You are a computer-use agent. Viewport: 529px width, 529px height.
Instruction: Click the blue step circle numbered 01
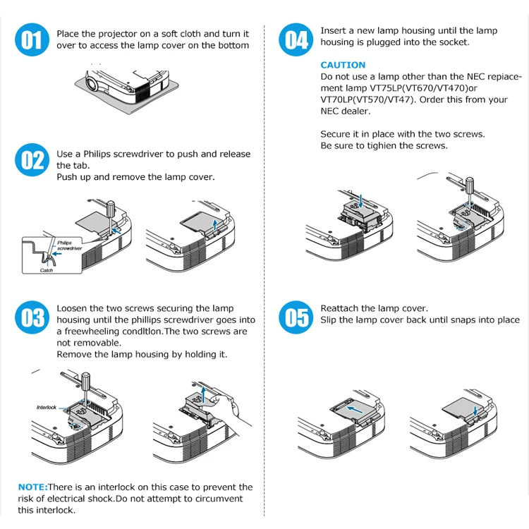click(31, 39)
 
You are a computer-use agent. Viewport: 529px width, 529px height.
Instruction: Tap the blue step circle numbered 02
click(31, 160)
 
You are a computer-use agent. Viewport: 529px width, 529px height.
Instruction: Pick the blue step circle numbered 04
click(296, 39)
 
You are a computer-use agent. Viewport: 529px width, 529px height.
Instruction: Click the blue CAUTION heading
click(343, 65)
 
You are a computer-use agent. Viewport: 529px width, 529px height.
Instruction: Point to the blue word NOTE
click(32, 487)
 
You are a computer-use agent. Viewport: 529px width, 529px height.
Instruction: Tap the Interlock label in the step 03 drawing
click(46, 408)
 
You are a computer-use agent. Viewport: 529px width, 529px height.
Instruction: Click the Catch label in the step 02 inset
click(47, 270)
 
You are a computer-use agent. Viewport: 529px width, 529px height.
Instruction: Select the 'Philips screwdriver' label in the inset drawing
click(69, 246)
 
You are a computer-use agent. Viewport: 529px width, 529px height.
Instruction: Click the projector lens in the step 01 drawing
click(91, 85)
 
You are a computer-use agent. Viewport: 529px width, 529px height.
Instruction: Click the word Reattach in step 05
click(339, 308)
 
